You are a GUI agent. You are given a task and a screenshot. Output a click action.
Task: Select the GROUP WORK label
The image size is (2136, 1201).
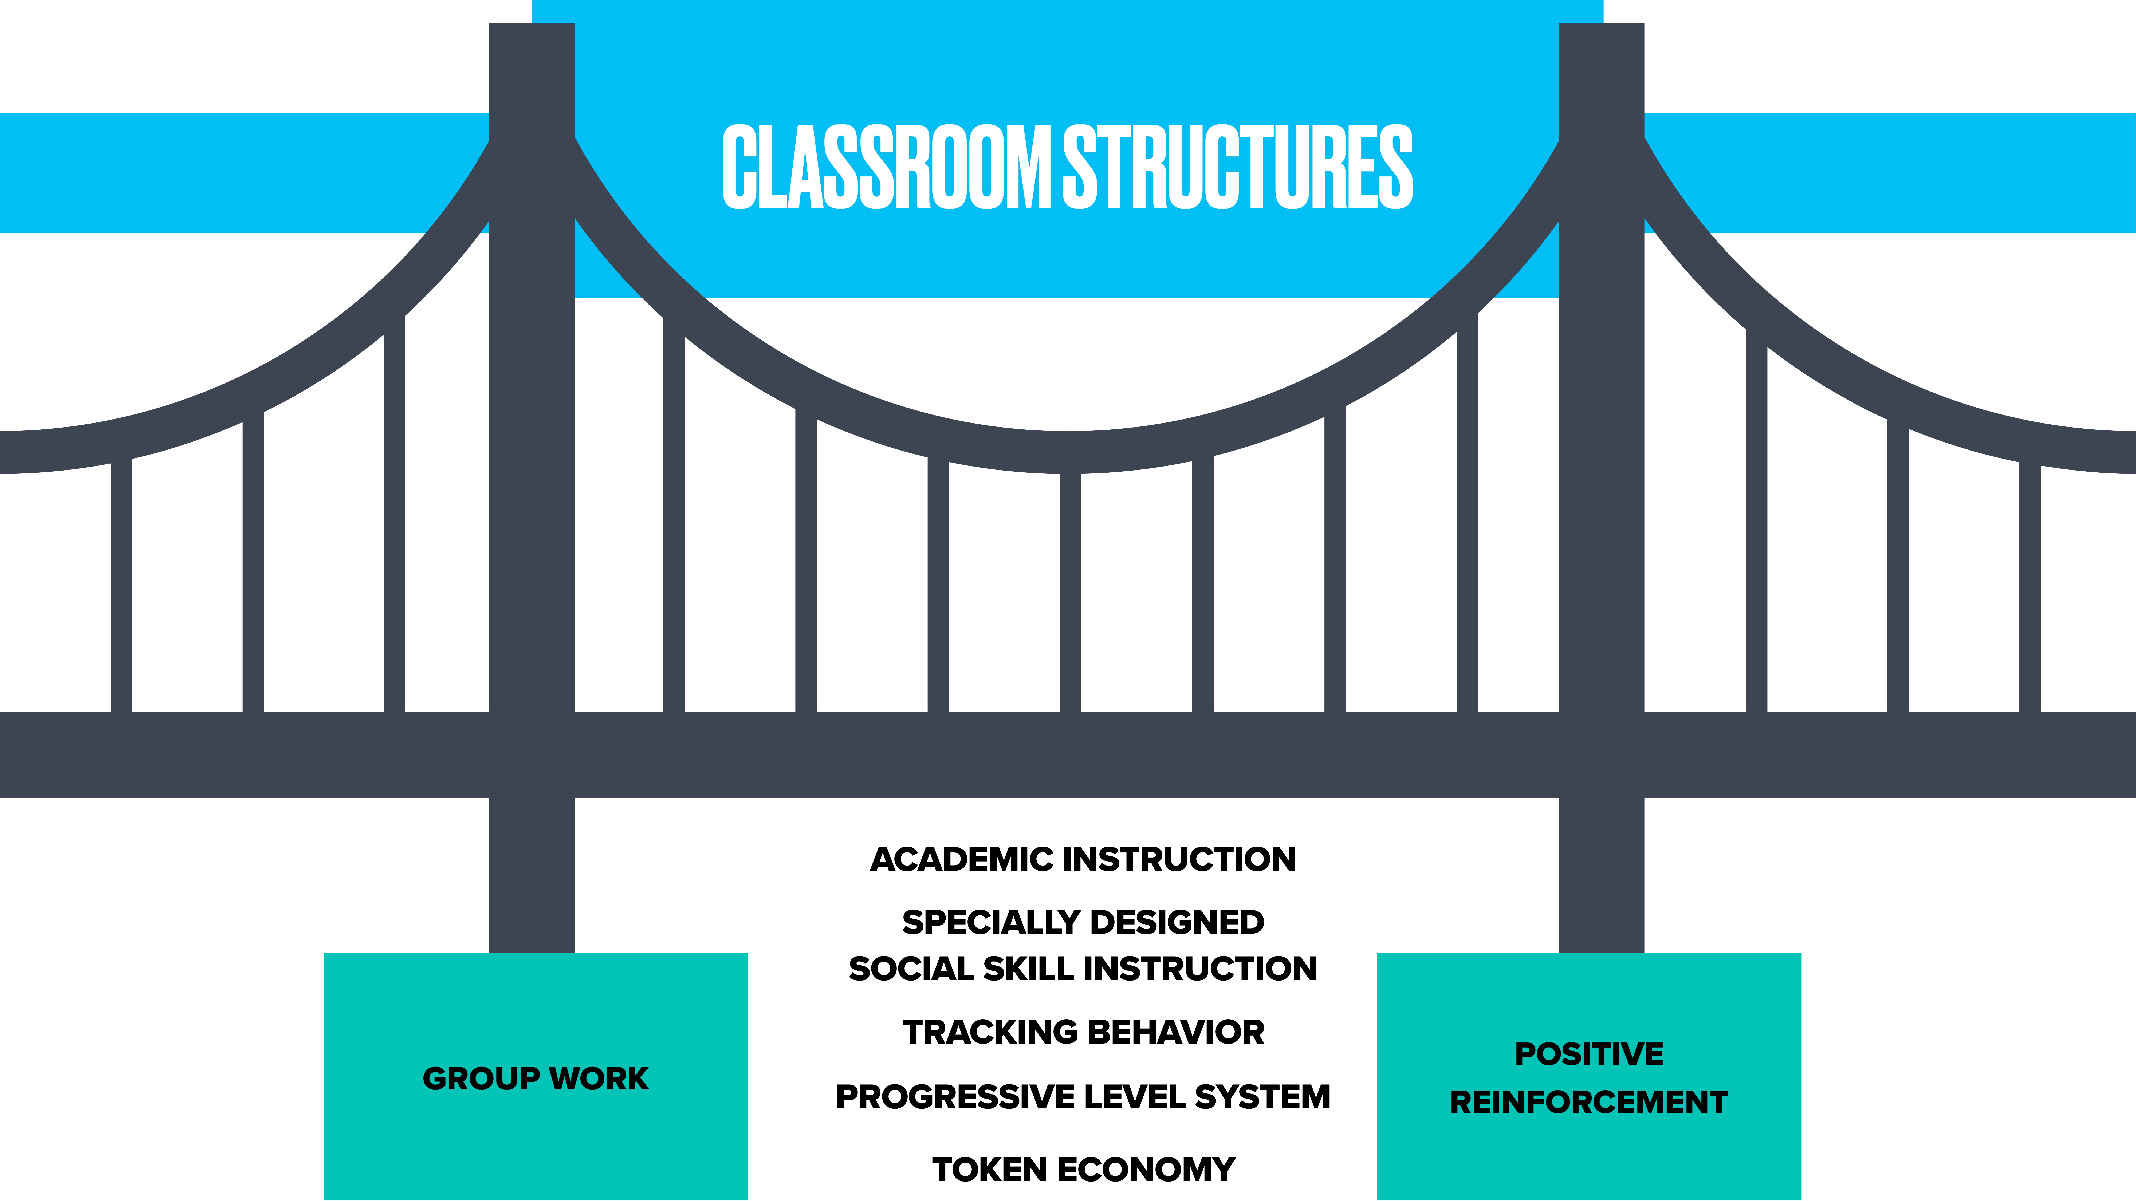[x=536, y=1078]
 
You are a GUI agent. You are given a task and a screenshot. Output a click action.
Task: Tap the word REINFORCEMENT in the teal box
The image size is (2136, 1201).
[x=1589, y=1102]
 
